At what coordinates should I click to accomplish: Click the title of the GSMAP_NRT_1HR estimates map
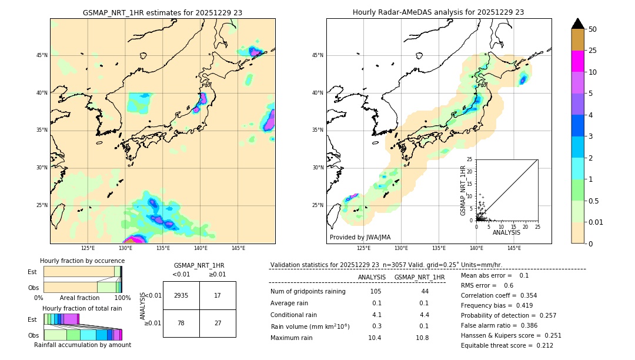(162, 12)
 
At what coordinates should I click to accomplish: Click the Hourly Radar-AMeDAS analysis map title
(438, 12)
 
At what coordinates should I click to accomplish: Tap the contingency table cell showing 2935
(181, 295)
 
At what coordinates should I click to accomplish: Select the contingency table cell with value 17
(218, 295)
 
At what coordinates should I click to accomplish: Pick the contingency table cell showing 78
(181, 323)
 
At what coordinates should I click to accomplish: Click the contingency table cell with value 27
(218, 323)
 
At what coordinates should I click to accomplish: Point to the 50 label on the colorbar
(593, 29)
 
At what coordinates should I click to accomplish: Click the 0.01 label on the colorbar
(596, 222)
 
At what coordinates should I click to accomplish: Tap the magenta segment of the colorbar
(578, 61)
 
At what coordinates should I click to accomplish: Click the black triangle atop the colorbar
(578, 24)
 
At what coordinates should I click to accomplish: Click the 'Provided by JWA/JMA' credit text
(360, 237)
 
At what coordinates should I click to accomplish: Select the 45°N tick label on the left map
(42, 55)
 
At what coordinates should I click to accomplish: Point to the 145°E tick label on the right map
(514, 248)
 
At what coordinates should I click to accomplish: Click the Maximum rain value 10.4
(375, 338)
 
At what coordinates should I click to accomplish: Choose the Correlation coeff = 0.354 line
(499, 295)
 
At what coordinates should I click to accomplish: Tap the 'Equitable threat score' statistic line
(507, 345)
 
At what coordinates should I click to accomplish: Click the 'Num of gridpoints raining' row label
(308, 291)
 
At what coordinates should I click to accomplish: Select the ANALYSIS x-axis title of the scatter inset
(506, 232)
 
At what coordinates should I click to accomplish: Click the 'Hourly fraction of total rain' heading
(82, 309)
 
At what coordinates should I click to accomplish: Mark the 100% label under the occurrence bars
(122, 298)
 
